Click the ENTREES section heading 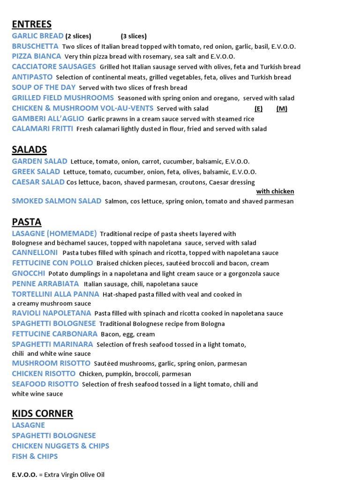click(31, 24)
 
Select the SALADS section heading click(29, 150)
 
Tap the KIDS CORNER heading click(42, 413)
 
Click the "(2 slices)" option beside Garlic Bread click(78, 36)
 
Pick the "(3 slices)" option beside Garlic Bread click(134, 36)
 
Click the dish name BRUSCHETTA click(35, 46)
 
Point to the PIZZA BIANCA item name click(37, 56)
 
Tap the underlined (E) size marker click(258, 109)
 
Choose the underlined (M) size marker click(282, 109)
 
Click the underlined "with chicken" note click(275, 191)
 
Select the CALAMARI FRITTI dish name click(42, 128)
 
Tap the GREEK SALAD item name click(36, 172)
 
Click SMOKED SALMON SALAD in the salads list click(57, 201)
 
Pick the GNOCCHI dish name click(29, 273)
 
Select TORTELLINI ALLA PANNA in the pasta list click(55, 294)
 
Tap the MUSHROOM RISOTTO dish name click(51, 363)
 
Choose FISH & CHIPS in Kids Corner click(35, 456)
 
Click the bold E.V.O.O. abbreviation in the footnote click(24, 475)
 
